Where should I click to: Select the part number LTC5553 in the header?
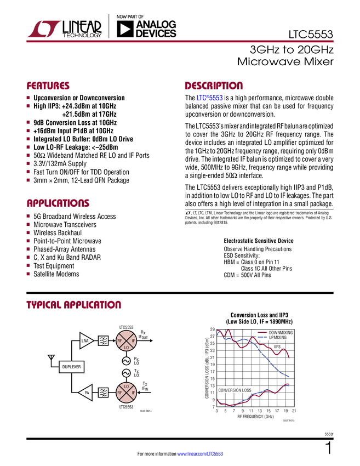tap(311, 35)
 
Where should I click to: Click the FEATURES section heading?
tap(48, 86)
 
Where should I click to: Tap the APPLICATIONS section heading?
tap(58, 203)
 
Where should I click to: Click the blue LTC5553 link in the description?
tap(209, 98)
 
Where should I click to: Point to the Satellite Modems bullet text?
tap(56, 274)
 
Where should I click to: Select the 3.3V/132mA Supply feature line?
tap(60, 164)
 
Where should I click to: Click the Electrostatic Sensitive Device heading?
tap(259, 241)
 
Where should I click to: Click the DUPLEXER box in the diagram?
tap(71, 367)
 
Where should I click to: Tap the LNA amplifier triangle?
tap(87, 340)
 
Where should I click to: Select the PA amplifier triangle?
tap(85, 393)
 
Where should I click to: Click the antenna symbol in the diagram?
tap(51, 358)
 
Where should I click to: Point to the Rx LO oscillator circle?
tap(126, 361)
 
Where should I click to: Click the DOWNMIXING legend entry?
tap(275, 333)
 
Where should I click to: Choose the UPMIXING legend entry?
tap(272, 338)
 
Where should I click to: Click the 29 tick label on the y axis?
tap(213, 329)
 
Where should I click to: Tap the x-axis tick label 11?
tap(251, 411)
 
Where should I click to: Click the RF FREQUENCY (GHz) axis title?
tap(255, 416)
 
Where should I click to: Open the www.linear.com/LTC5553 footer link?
tap(200, 454)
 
